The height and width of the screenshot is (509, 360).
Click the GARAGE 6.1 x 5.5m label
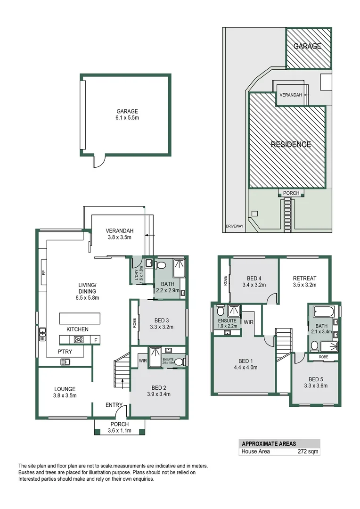pos(127,114)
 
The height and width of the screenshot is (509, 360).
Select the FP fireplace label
pos(43,272)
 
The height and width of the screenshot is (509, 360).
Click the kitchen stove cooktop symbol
pos(79,339)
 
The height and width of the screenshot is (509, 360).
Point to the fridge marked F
pos(96,340)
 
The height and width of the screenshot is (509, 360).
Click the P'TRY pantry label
pos(65,352)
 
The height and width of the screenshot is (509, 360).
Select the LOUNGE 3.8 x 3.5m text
pos(65,392)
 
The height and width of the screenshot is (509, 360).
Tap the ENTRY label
pos(114,405)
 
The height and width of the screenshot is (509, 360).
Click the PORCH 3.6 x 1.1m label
pos(120,427)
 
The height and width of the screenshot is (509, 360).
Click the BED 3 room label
pos(161,324)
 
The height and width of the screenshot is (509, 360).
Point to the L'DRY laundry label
pos(139,275)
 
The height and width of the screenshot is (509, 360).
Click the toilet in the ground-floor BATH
pos(159,265)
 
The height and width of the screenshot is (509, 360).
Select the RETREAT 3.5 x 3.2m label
pos(304,281)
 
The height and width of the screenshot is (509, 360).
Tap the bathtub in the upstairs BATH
pos(324,312)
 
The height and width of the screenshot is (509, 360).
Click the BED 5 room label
pos(316,382)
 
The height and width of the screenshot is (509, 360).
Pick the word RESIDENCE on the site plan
pos(291,144)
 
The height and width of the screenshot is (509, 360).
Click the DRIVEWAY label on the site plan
pos(235,226)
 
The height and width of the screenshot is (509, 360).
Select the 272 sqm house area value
pos(308,452)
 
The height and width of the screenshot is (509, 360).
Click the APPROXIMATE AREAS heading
pos(269,444)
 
